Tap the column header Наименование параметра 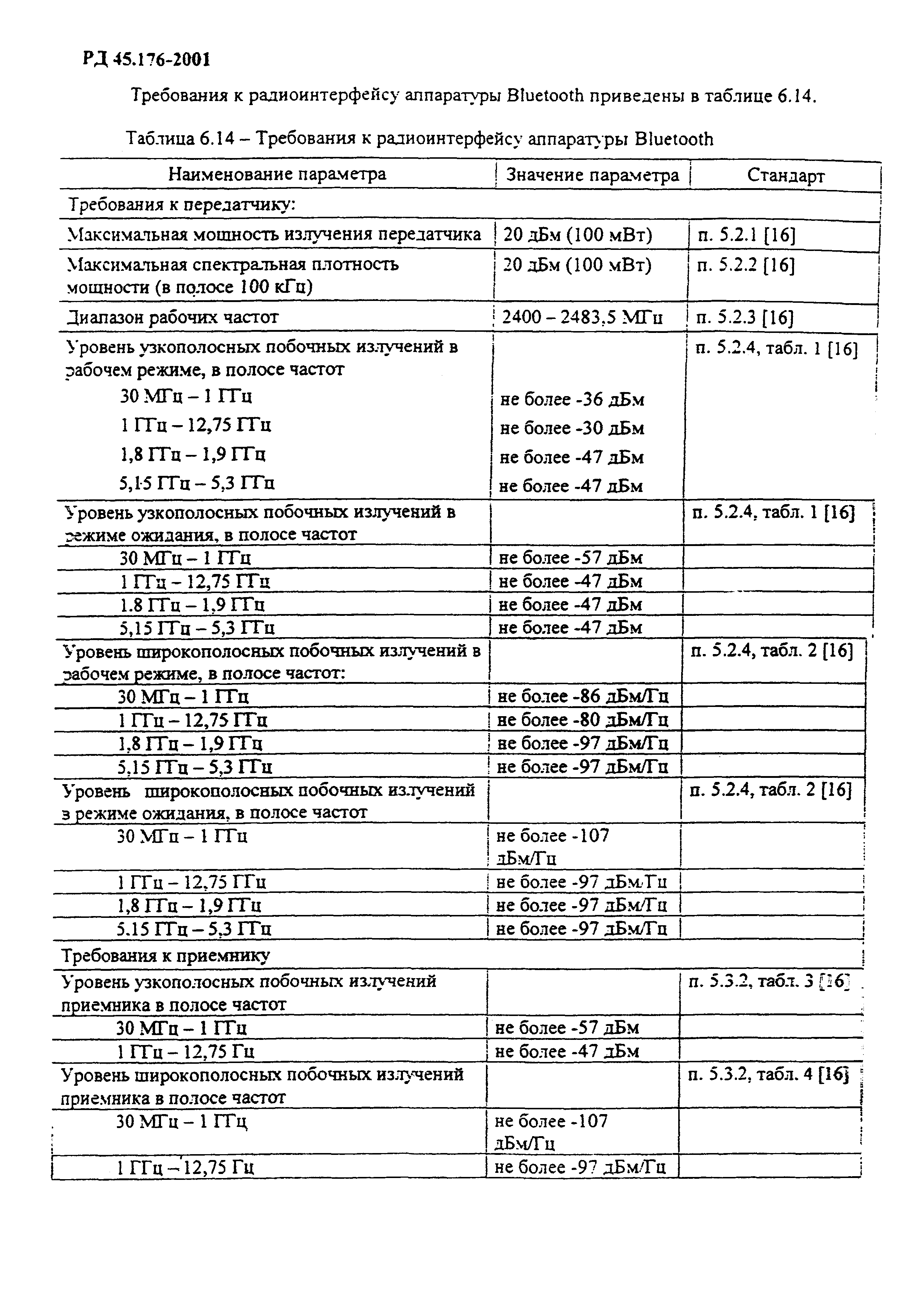coord(278,174)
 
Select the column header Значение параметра coord(593,175)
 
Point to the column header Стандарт coord(786,176)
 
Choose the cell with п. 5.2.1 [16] coord(746,235)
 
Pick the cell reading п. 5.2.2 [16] coord(746,265)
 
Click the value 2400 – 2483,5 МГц coord(582,318)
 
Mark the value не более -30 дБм coord(572,428)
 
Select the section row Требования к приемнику coord(166,955)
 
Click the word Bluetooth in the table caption coord(673,139)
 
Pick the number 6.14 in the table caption coord(216,138)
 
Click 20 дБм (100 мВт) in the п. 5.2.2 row coord(577,265)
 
